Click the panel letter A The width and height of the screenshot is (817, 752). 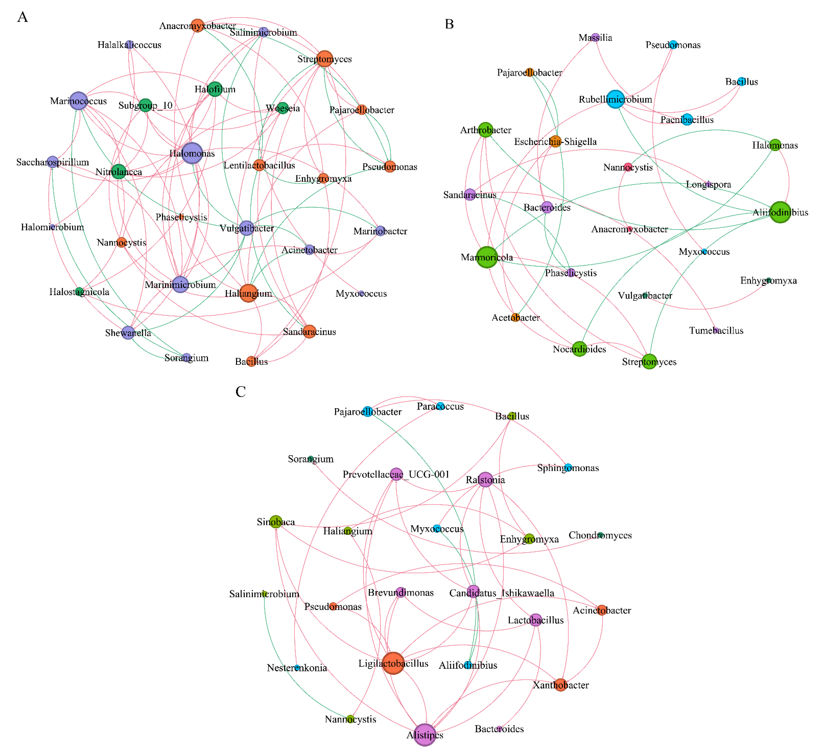(23, 17)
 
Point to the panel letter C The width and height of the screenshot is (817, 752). (241, 392)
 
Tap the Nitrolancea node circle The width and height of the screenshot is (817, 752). (119, 171)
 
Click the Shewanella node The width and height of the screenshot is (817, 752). (128, 332)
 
